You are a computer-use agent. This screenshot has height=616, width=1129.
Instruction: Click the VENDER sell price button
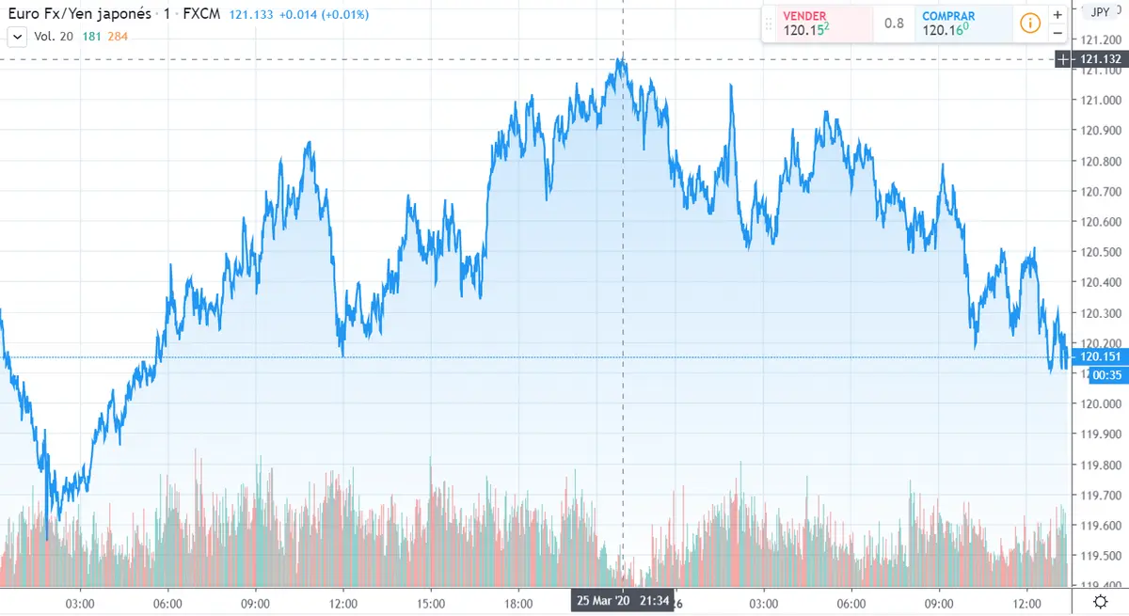pyautogui.click(x=816, y=24)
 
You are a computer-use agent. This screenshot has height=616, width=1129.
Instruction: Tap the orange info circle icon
pyautogui.click(x=1030, y=24)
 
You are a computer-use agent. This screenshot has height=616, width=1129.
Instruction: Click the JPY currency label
pyautogui.click(x=1099, y=12)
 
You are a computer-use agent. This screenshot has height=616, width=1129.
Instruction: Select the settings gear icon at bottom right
pyautogui.click(x=1100, y=602)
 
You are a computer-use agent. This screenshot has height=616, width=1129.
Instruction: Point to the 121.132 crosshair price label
pyautogui.click(x=1100, y=59)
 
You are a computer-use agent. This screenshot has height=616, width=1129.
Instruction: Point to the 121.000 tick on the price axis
pyautogui.click(x=1100, y=101)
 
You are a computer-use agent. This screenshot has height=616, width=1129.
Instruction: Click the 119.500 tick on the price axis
pyautogui.click(x=1100, y=556)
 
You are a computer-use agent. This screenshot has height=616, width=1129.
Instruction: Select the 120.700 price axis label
pyautogui.click(x=1100, y=192)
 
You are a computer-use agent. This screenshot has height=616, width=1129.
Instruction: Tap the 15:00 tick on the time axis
pyautogui.click(x=430, y=602)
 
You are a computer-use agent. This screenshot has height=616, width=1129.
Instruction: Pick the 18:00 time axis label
pyautogui.click(x=518, y=602)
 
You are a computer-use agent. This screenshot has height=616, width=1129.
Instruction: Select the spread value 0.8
pyautogui.click(x=894, y=24)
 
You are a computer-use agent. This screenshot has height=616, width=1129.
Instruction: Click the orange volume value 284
pyautogui.click(x=117, y=36)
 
